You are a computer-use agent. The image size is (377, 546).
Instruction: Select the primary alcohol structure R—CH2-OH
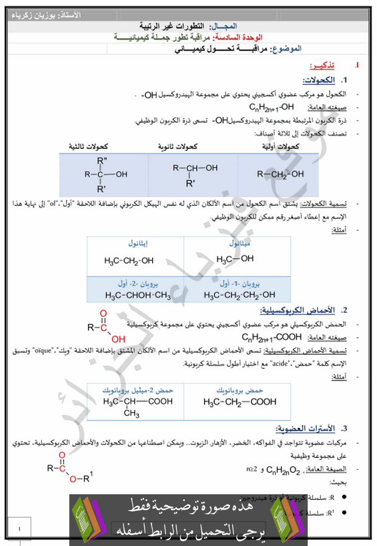279,174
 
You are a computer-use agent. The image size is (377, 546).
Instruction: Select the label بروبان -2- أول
134,284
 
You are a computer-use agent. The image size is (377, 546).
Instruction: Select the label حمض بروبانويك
239,390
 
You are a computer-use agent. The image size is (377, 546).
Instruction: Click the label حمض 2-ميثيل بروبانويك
137,390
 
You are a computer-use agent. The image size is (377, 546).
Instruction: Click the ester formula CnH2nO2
285,469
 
